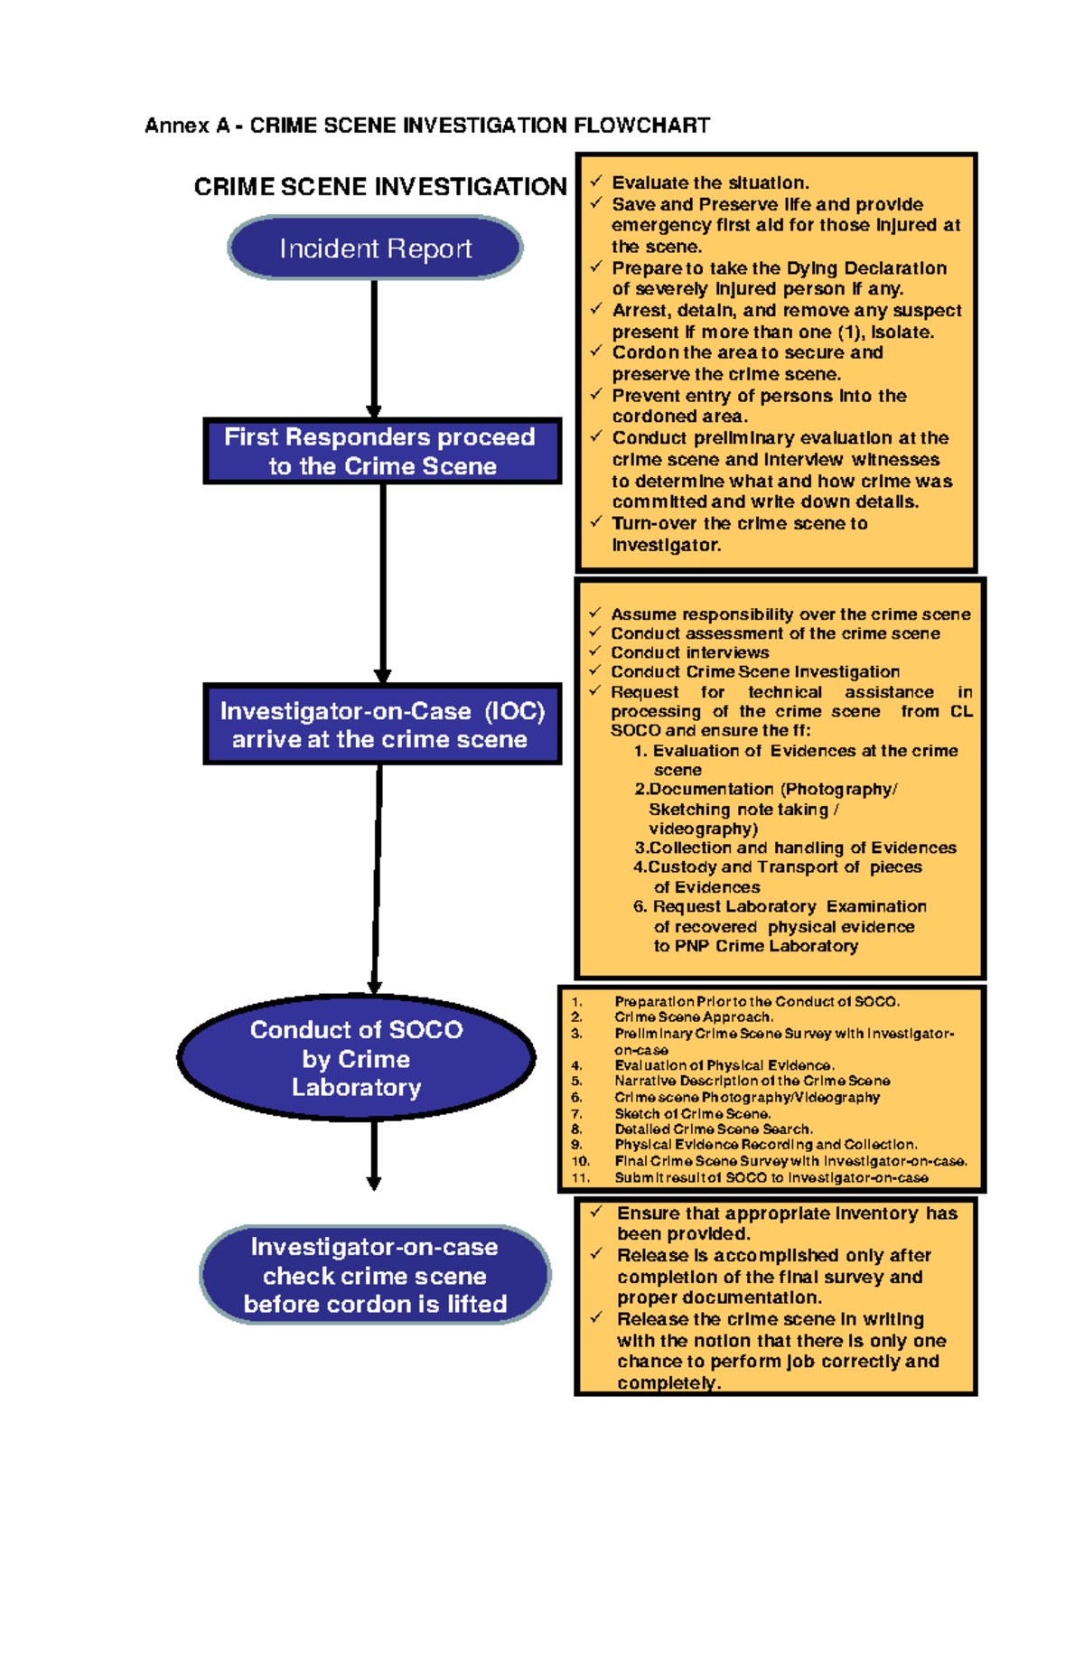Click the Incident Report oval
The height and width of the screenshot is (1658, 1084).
point(375,248)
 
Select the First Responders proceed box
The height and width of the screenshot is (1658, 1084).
point(382,451)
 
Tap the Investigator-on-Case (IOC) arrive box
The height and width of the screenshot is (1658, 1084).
point(382,725)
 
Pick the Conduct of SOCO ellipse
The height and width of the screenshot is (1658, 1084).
point(357,1058)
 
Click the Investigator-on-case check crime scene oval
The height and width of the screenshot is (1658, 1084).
point(375,1275)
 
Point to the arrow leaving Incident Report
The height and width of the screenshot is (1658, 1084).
point(374,348)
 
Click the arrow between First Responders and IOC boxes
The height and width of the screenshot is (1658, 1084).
point(383,583)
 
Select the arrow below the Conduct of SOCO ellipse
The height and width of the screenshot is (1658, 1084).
point(374,1156)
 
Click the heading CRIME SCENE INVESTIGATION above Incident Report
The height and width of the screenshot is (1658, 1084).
point(379,187)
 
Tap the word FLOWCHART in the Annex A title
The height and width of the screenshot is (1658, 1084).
point(641,126)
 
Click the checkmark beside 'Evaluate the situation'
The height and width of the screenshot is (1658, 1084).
point(596,182)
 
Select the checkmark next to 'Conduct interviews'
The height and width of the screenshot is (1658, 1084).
point(595,651)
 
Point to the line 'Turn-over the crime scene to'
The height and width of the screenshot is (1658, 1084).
point(739,523)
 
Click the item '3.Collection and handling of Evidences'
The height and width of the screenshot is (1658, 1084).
point(795,848)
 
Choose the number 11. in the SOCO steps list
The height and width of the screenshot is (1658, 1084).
point(579,1178)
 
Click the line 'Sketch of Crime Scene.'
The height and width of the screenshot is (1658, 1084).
point(692,1114)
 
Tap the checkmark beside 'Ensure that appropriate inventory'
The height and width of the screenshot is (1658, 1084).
point(596,1213)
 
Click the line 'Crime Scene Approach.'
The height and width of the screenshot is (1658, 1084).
point(694,1017)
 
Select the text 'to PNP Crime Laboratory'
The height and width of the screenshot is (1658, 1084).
point(755,946)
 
